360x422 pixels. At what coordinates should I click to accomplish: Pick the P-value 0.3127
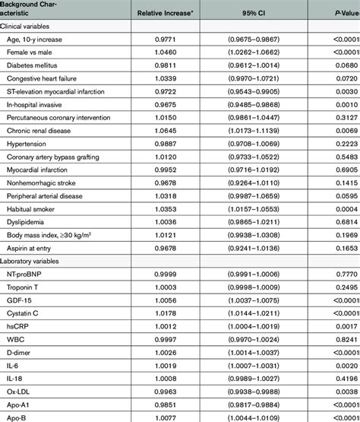pos(346,118)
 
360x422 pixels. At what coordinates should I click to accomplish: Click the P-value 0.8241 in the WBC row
pos(346,338)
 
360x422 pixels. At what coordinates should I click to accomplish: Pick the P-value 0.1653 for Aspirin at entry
pos(346,248)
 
